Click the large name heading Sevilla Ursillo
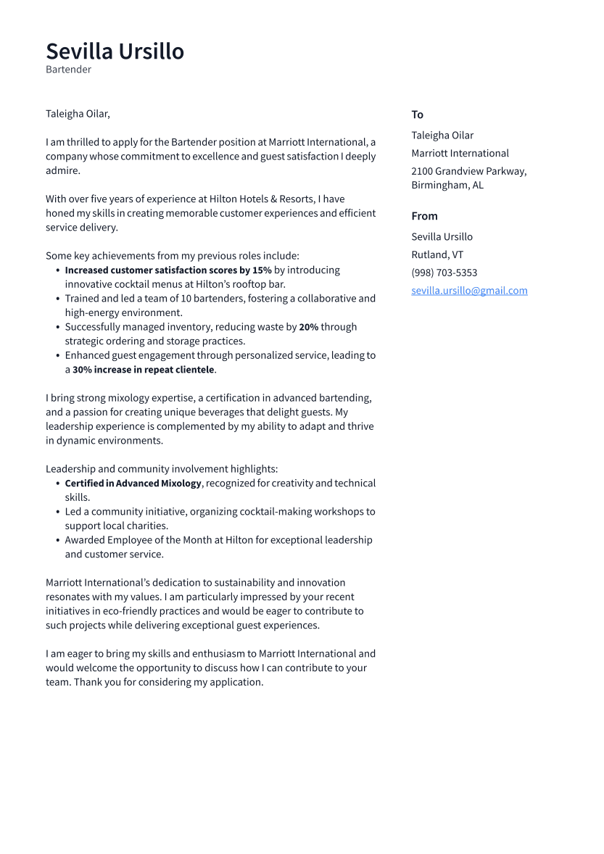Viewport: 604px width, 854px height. (x=115, y=51)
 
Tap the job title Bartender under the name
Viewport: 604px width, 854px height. (x=68, y=70)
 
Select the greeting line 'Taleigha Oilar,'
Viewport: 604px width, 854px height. (x=78, y=114)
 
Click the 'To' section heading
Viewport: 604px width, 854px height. (x=417, y=115)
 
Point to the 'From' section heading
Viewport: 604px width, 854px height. (x=424, y=216)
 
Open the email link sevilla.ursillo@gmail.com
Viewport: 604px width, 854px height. (x=469, y=291)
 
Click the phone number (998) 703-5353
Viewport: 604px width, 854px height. (x=444, y=273)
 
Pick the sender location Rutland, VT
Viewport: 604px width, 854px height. (x=437, y=254)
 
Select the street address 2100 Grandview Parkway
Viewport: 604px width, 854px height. (x=468, y=171)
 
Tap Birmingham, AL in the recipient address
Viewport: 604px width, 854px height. (x=447, y=185)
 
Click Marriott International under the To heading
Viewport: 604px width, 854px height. (x=460, y=153)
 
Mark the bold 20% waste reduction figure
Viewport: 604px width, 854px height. (x=308, y=327)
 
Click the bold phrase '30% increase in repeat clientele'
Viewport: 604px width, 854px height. (x=143, y=370)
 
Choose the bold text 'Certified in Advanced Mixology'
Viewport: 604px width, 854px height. (x=133, y=484)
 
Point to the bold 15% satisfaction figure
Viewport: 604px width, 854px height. (x=261, y=270)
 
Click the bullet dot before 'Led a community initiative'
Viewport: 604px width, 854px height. (x=57, y=512)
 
